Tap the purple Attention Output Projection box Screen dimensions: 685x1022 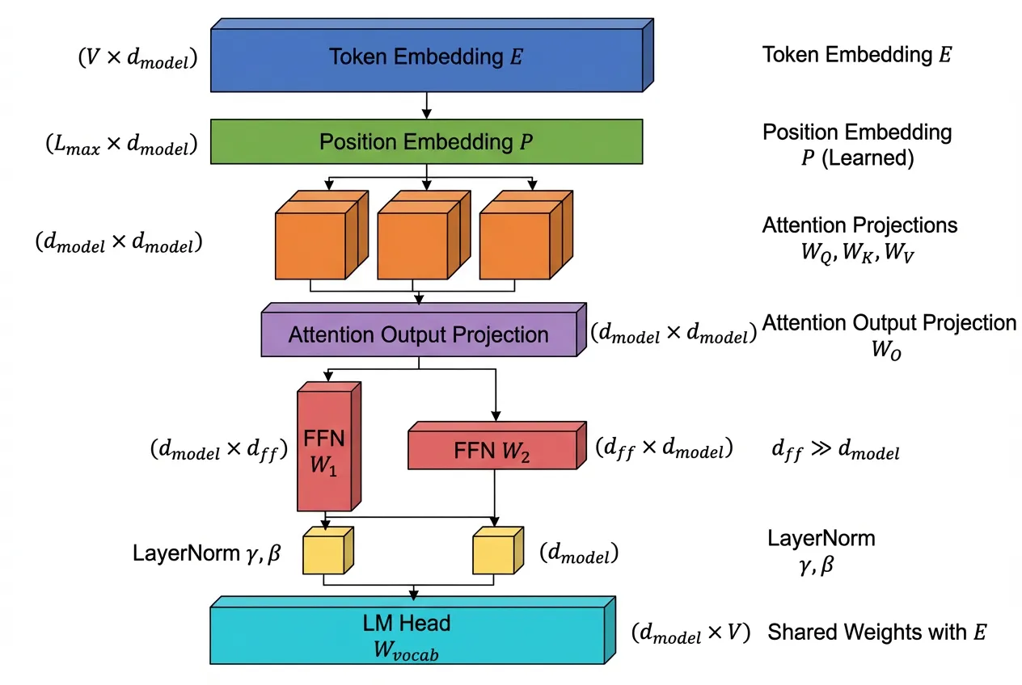click(418, 334)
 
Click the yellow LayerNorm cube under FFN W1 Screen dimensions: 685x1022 click(323, 553)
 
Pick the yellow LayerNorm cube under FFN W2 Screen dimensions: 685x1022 click(494, 553)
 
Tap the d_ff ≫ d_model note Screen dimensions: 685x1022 click(835, 451)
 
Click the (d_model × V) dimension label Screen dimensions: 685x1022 click(691, 633)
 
